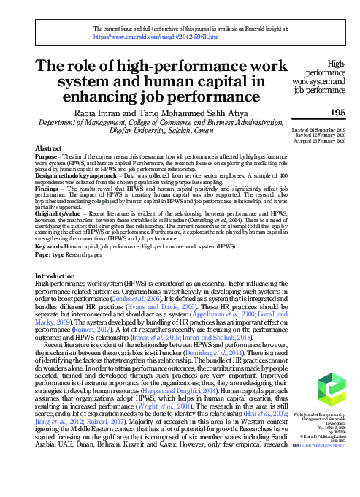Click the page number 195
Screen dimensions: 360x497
tap(337, 112)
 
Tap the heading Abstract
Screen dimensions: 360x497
tap(48, 148)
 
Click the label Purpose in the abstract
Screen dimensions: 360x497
tap(47, 156)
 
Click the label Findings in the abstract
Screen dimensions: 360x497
tap(49, 189)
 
